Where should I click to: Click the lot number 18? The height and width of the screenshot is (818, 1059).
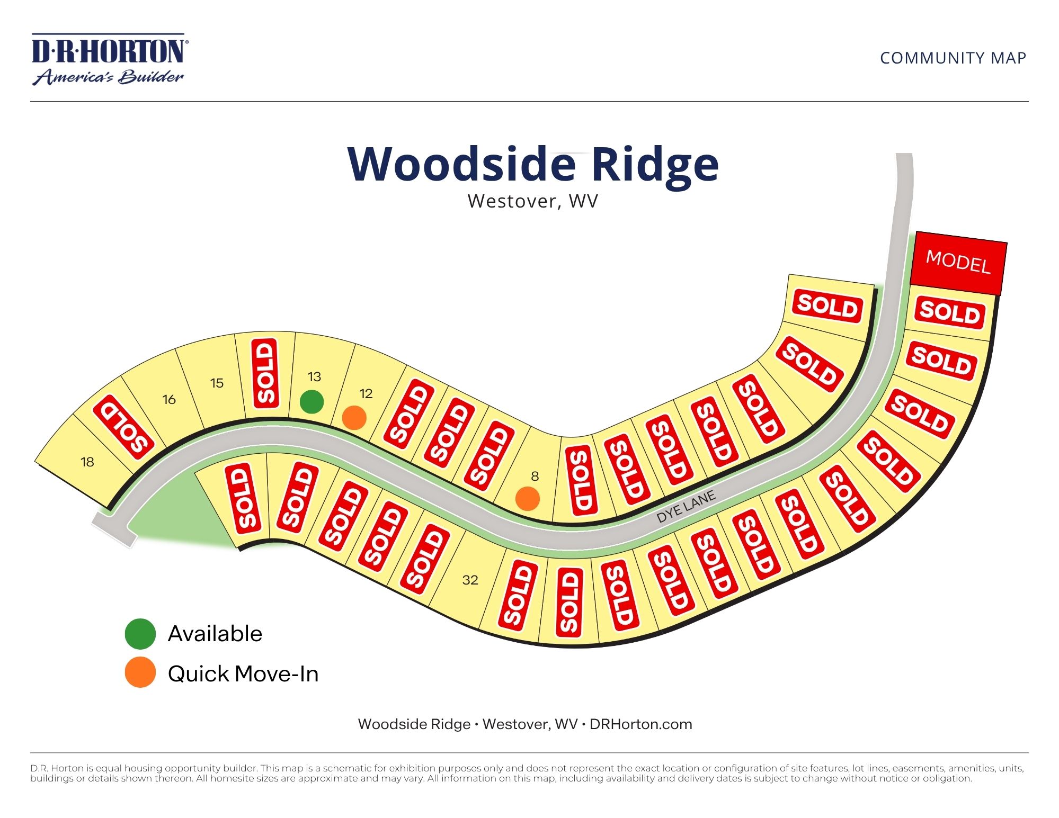coord(87,462)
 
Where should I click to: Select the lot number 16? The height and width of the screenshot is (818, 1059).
coord(169,400)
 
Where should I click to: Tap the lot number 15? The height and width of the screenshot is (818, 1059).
coord(217,383)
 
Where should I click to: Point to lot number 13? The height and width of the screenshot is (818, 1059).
coord(314,377)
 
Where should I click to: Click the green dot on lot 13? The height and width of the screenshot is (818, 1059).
coord(312,402)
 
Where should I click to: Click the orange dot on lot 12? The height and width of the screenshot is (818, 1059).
coord(354,418)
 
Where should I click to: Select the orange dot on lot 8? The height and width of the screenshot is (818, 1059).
coord(528,499)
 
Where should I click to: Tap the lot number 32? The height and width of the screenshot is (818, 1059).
coord(470,580)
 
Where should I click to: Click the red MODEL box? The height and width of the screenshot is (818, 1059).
coord(958,263)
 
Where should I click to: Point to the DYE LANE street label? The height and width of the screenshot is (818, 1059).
coord(686,507)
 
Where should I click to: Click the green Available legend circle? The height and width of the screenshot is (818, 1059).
coord(140,634)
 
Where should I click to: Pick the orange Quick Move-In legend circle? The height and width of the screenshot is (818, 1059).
coord(140,672)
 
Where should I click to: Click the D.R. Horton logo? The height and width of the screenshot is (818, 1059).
coord(109,59)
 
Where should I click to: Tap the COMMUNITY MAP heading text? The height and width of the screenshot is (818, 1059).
coord(953,58)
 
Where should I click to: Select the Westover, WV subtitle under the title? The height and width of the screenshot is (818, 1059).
coord(532,202)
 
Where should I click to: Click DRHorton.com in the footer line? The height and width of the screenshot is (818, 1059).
coord(640,724)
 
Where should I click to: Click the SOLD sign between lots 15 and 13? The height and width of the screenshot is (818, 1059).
coord(265,373)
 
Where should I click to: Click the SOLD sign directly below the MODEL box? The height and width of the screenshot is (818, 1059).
coord(949,312)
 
